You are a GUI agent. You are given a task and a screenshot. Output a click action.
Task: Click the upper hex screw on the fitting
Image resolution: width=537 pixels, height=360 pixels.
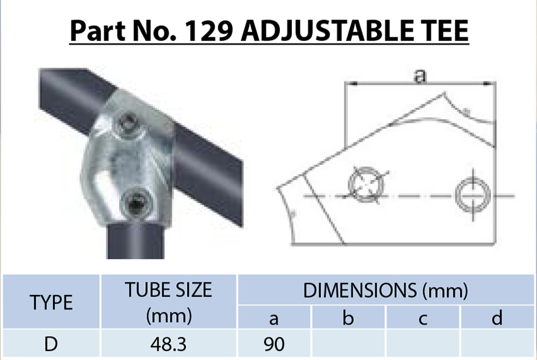point(129,123)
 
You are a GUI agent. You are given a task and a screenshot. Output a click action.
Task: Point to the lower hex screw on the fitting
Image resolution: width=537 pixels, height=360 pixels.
point(135,203)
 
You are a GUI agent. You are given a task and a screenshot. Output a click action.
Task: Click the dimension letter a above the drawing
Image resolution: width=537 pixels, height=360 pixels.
point(419,76)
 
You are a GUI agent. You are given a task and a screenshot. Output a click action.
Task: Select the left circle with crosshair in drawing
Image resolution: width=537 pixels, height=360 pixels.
point(366,185)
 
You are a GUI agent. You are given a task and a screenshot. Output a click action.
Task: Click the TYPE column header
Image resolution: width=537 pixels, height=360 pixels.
point(52,303)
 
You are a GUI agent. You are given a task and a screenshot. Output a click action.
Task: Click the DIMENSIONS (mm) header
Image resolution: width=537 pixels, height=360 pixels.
point(385,291)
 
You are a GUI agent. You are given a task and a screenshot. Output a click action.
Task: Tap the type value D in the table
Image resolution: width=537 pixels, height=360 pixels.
point(52,344)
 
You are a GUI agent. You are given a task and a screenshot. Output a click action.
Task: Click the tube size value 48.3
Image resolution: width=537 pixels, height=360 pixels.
point(169,344)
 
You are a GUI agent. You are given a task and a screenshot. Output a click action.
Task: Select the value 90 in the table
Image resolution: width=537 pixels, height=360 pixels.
point(274,344)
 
